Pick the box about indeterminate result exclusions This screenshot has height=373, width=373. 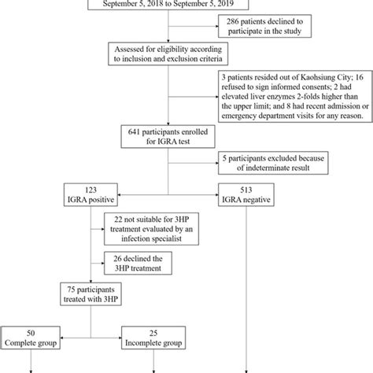(276, 162)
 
